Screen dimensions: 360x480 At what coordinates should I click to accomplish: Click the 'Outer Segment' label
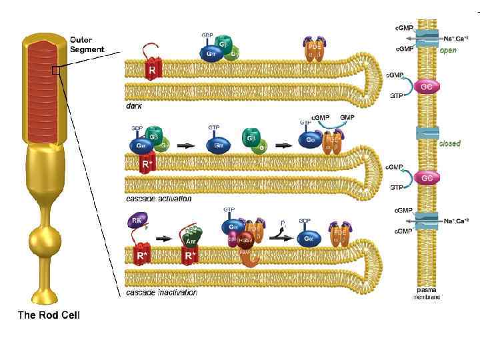point(87,45)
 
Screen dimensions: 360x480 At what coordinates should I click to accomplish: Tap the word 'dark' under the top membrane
point(134,105)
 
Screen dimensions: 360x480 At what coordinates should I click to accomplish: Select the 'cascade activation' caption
point(159,199)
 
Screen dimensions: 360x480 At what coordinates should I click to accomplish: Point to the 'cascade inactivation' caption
point(162,292)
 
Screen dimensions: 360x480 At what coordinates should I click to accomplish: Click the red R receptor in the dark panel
point(152,68)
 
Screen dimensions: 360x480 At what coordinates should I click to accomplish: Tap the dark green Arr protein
point(191,241)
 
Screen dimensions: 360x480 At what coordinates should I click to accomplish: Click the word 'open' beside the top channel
point(448,50)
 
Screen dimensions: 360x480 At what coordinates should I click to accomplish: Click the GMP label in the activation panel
point(347,117)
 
